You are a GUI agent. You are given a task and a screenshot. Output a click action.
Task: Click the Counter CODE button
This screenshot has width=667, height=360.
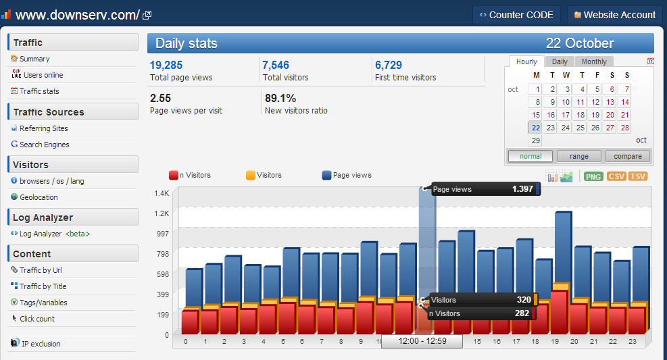[x=516, y=15]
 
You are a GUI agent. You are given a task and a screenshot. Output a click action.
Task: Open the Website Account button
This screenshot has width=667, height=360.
[x=615, y=15]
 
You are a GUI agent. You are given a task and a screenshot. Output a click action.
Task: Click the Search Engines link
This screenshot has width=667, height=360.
[x=40, y=145]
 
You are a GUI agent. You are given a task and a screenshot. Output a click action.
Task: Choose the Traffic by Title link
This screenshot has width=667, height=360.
[x=39, y=286]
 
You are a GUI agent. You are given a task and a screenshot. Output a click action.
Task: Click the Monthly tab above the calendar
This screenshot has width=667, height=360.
[x=594, y=61]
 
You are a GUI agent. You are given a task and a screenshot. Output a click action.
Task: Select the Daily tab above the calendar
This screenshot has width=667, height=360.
[x=560, y=61]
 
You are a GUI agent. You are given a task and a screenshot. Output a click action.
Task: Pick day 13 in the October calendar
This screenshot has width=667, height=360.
[x=610, y=102]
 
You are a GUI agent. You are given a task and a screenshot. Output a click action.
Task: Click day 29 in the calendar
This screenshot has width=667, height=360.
[x=535, y=140]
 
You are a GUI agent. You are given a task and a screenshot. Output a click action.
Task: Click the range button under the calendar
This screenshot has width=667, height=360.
[x=579, y=157]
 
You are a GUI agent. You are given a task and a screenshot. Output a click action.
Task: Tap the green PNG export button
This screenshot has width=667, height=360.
[x=593, y=176]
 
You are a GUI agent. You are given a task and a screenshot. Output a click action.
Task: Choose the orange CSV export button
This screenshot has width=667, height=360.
[x=616, y=176]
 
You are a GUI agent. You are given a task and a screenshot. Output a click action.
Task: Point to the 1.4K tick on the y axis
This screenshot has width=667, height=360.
[x=162, y=193]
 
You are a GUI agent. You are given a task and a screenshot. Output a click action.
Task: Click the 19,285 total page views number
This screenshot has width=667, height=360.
[x=166, y=65]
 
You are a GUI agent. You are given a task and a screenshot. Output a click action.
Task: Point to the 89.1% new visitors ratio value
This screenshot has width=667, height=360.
[x=280, y=98]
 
